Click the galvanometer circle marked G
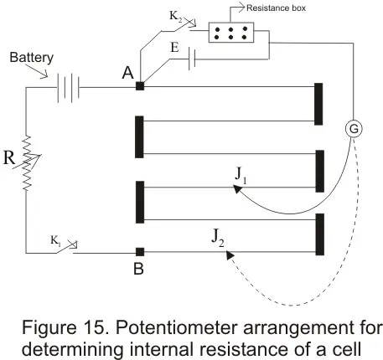pyautogui.click(x=354, y=129)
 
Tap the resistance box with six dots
pyautogui.click(x=231, y=33)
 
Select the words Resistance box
pyautogui.click(x=276, y=8)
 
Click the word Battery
pyautogui.click(x=31, y=58)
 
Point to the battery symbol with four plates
pyautogui.click(x=69, y=88)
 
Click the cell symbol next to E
pyautogui.click(x=192, y=59)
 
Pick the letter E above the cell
pyautogui.click(x=174, y=47)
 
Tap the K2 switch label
pyautogui.click(x=176, y=16)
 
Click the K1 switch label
pyautogui.click(x=55, y=240)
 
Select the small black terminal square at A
pyautogui.click(x=140, y=86)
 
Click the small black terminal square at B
pyautogui.click(x=140, y=252)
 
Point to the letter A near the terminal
pyautogui.click(x=128, y=73)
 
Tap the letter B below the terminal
pyautogui.click(x=139, y=269)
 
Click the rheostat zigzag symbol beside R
pyautogui.click(x=28, y=163)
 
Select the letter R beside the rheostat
pyautogui.click(x=9, y=157)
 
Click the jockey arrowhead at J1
pyautogui.click(x=237, y=189)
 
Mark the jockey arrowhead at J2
pyautogui.click(x=230, y=255)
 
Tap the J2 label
pyautogui.click(x=218, y=238)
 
